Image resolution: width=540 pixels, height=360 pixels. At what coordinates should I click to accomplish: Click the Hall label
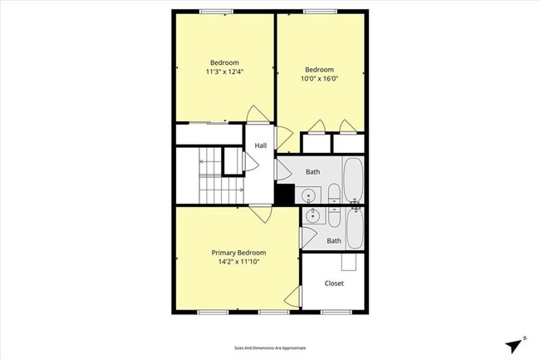coord(261,145)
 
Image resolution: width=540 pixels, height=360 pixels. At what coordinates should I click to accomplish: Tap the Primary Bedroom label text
coord(238,253)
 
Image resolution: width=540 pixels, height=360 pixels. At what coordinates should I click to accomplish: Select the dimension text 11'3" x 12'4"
coord(224,72)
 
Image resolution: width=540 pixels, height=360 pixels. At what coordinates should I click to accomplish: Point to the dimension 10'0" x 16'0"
coord(319,78)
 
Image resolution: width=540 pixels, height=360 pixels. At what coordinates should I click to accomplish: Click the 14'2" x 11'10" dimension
coord(238,262)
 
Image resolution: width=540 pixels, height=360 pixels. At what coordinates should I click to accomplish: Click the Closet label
coord(334,283)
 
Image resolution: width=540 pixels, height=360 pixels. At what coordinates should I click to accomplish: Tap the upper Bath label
coord(312,172)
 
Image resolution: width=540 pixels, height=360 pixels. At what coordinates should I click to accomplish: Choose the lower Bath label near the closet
coord(334,241)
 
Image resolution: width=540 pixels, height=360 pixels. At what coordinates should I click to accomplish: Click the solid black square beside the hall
coord(284,195)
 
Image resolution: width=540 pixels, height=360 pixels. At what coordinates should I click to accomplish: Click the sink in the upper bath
coord(309,196)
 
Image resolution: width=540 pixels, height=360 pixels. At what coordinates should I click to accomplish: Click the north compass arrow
coord(516,343)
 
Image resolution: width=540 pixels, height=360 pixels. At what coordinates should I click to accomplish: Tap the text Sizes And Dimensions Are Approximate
coord(270,348)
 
